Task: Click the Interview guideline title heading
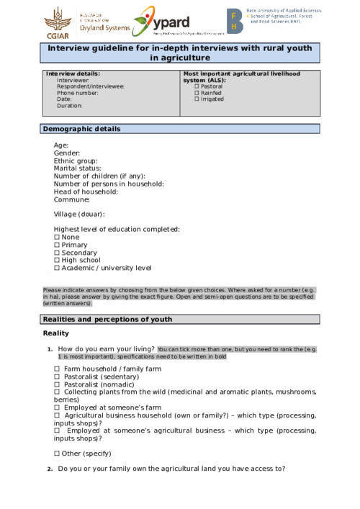[179, 53]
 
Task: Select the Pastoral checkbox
[197, 86]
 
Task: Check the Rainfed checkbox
[197, 93]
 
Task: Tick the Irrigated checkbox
[197, 99]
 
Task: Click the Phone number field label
[78, 93]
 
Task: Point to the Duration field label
[70, 106]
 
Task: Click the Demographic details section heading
[81, 129]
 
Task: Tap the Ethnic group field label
[76, 161]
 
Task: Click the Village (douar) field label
[79, 214]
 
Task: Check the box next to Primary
[57, 245]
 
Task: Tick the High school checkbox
[57, 261]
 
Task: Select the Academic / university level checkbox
[57, 268]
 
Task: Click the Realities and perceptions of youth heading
[107, 319]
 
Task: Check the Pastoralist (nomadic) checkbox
[57, 384]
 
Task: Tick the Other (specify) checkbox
[57, 454]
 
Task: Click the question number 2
[50, 469]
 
